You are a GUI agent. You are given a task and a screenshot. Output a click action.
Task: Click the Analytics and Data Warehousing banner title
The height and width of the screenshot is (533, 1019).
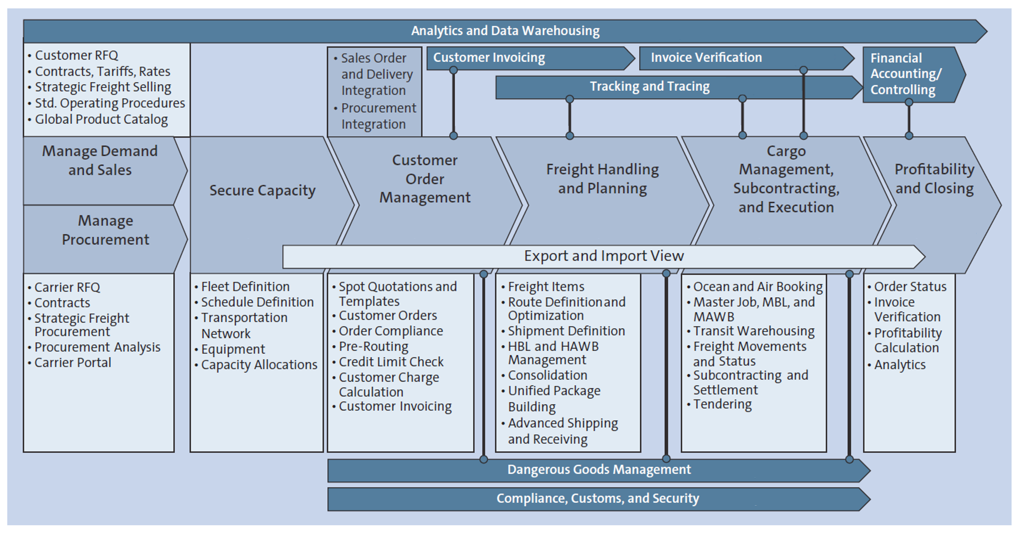(505, 31)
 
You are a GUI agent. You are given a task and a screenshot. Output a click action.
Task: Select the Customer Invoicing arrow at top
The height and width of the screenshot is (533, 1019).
(489, 58)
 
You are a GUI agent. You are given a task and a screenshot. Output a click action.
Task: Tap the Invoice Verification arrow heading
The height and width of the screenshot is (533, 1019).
(706, 58)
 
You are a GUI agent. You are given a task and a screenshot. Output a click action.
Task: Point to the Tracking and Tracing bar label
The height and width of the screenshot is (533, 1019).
(650, 87)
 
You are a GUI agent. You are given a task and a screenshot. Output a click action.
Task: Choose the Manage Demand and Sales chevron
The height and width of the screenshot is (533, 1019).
(100, 161)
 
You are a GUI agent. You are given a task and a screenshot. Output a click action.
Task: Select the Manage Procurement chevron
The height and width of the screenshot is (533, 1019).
(105, 230)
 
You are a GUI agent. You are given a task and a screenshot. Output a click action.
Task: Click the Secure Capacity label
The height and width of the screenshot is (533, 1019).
(262, 191)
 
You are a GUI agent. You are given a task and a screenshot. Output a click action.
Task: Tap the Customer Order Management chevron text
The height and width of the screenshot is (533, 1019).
(425, 179)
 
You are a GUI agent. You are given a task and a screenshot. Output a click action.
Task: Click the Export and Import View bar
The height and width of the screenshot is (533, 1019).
(604, 256)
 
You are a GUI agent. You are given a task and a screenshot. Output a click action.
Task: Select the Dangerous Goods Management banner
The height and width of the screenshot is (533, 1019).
(599, 470)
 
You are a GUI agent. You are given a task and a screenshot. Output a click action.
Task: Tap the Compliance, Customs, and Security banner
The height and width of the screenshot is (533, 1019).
(597, 499)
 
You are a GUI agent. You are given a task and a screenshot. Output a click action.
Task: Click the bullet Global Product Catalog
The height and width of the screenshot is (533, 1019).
(101, 119)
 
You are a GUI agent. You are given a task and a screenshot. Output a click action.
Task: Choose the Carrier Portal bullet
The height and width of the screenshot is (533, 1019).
(73, 363)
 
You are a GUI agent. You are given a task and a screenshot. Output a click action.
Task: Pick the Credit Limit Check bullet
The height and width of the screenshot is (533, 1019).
(391, 362)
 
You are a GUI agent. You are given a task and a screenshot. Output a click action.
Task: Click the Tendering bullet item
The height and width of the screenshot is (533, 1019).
(722, 404)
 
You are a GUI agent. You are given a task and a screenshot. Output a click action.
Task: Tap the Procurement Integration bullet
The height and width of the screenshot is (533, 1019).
(378, 116)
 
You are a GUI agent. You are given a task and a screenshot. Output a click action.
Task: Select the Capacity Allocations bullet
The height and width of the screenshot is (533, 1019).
(259, 365)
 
